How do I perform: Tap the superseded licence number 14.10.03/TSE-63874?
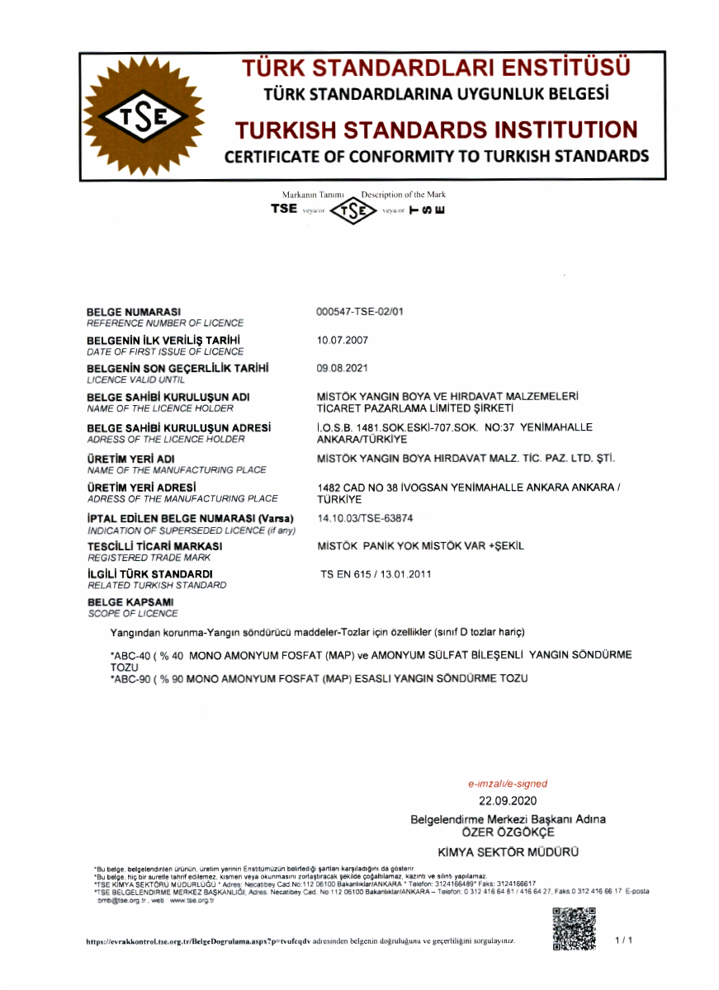pos(364,517)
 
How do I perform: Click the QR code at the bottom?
pos(574,929)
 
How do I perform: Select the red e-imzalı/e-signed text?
pos(507,784)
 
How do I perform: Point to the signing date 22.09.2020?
pos(508,801)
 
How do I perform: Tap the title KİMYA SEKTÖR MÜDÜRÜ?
pos(508,851)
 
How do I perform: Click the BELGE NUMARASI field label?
pos(134,311)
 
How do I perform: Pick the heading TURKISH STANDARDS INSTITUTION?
pos(436,130)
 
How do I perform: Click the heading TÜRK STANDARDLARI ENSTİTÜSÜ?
pos(436,68)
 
